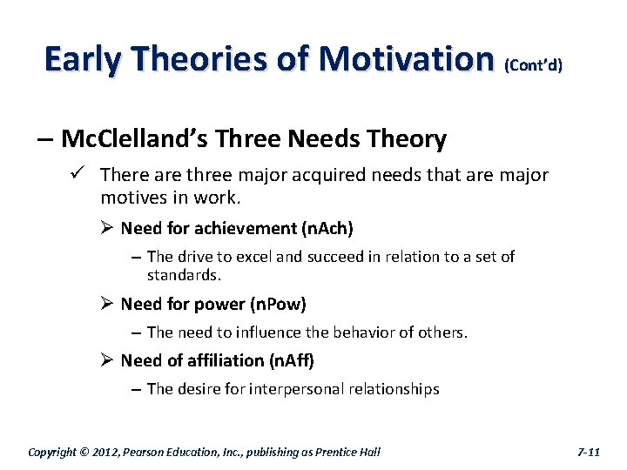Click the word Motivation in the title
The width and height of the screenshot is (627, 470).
click(x=407, y=59)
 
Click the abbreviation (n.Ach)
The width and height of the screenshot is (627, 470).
click(x=327, y=229)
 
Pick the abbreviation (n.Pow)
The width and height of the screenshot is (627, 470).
click(x=278, y=305)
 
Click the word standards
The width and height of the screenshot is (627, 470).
click(x=184, y=275)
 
